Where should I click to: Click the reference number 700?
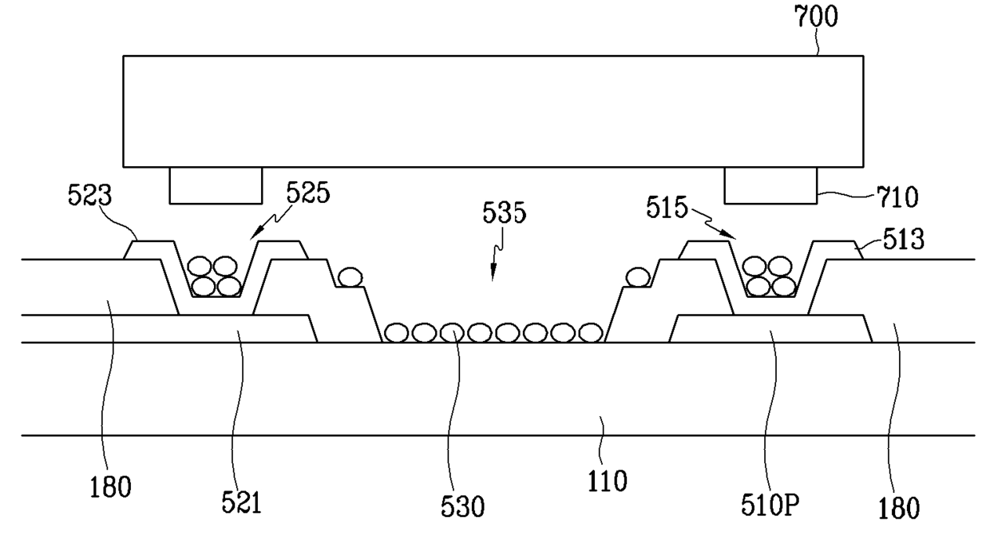click(x=816, y=18)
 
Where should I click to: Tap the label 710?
click(x=897, y=197)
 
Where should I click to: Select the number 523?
click(x=89, y=195)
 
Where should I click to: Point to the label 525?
click(x=308, y=193)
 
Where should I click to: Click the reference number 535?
click(x=505, y=212)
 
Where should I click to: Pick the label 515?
click(x=667, y=208)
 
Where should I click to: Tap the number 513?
click(x=904, y=240)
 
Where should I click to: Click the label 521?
click(x=241, y=502)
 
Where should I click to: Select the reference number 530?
click(x=463, y=506)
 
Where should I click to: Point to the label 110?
click(x=608, y=481)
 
